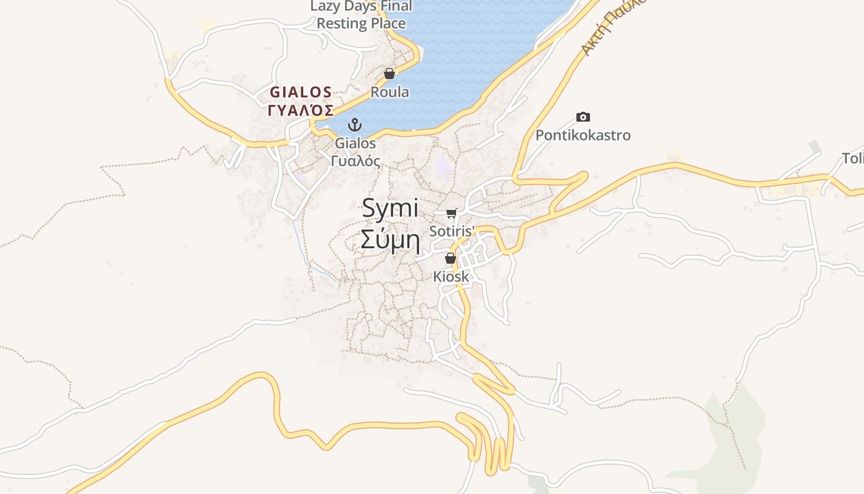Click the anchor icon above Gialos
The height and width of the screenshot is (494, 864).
(x=354, y=125)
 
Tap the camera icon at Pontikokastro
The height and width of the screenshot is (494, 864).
(x=583, y=117)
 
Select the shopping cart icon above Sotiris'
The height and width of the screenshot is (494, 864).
(x=451, y=214)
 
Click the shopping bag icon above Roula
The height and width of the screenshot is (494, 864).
(x=389, y=74)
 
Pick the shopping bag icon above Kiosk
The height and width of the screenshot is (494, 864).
(x=451, y=258)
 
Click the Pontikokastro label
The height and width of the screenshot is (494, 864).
(x=583, y=135)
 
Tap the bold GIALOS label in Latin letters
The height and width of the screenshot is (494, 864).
(x=301, y=93)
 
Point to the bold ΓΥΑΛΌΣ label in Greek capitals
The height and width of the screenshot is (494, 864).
(x=301, y=111)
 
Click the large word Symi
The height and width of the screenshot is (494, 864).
(x=390, y=208)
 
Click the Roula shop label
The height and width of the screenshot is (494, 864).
(x=389, y=92)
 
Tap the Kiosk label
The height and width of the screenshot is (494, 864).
(x=451, y=276)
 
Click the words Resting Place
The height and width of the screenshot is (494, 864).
(x=361, y=23)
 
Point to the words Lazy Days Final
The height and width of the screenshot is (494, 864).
(x=361, y=7)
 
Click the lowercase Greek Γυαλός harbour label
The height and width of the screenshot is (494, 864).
(x=355, y=161)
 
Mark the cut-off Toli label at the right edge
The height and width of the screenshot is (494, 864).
(x=853, y=159)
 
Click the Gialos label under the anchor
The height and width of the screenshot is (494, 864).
(x=355, y=143)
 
